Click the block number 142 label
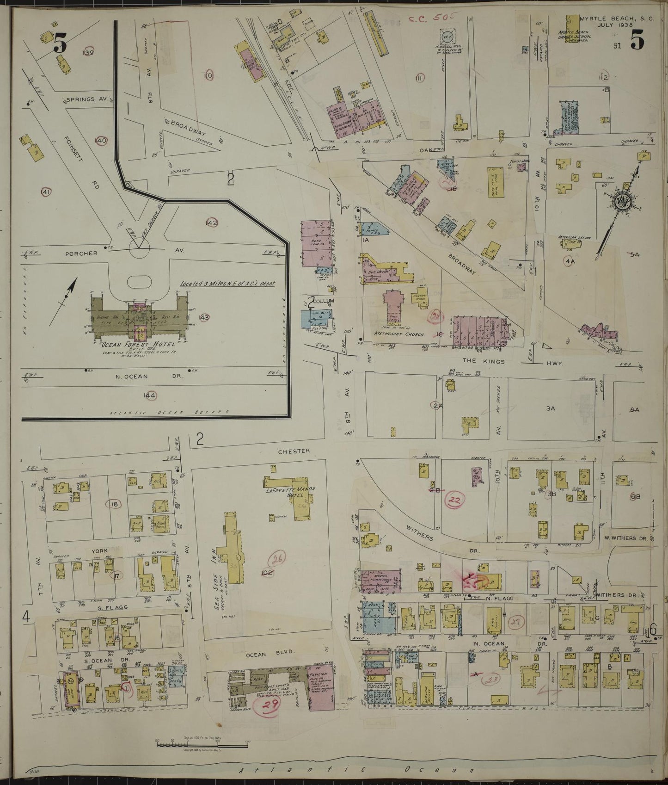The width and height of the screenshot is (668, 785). (212, 223)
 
